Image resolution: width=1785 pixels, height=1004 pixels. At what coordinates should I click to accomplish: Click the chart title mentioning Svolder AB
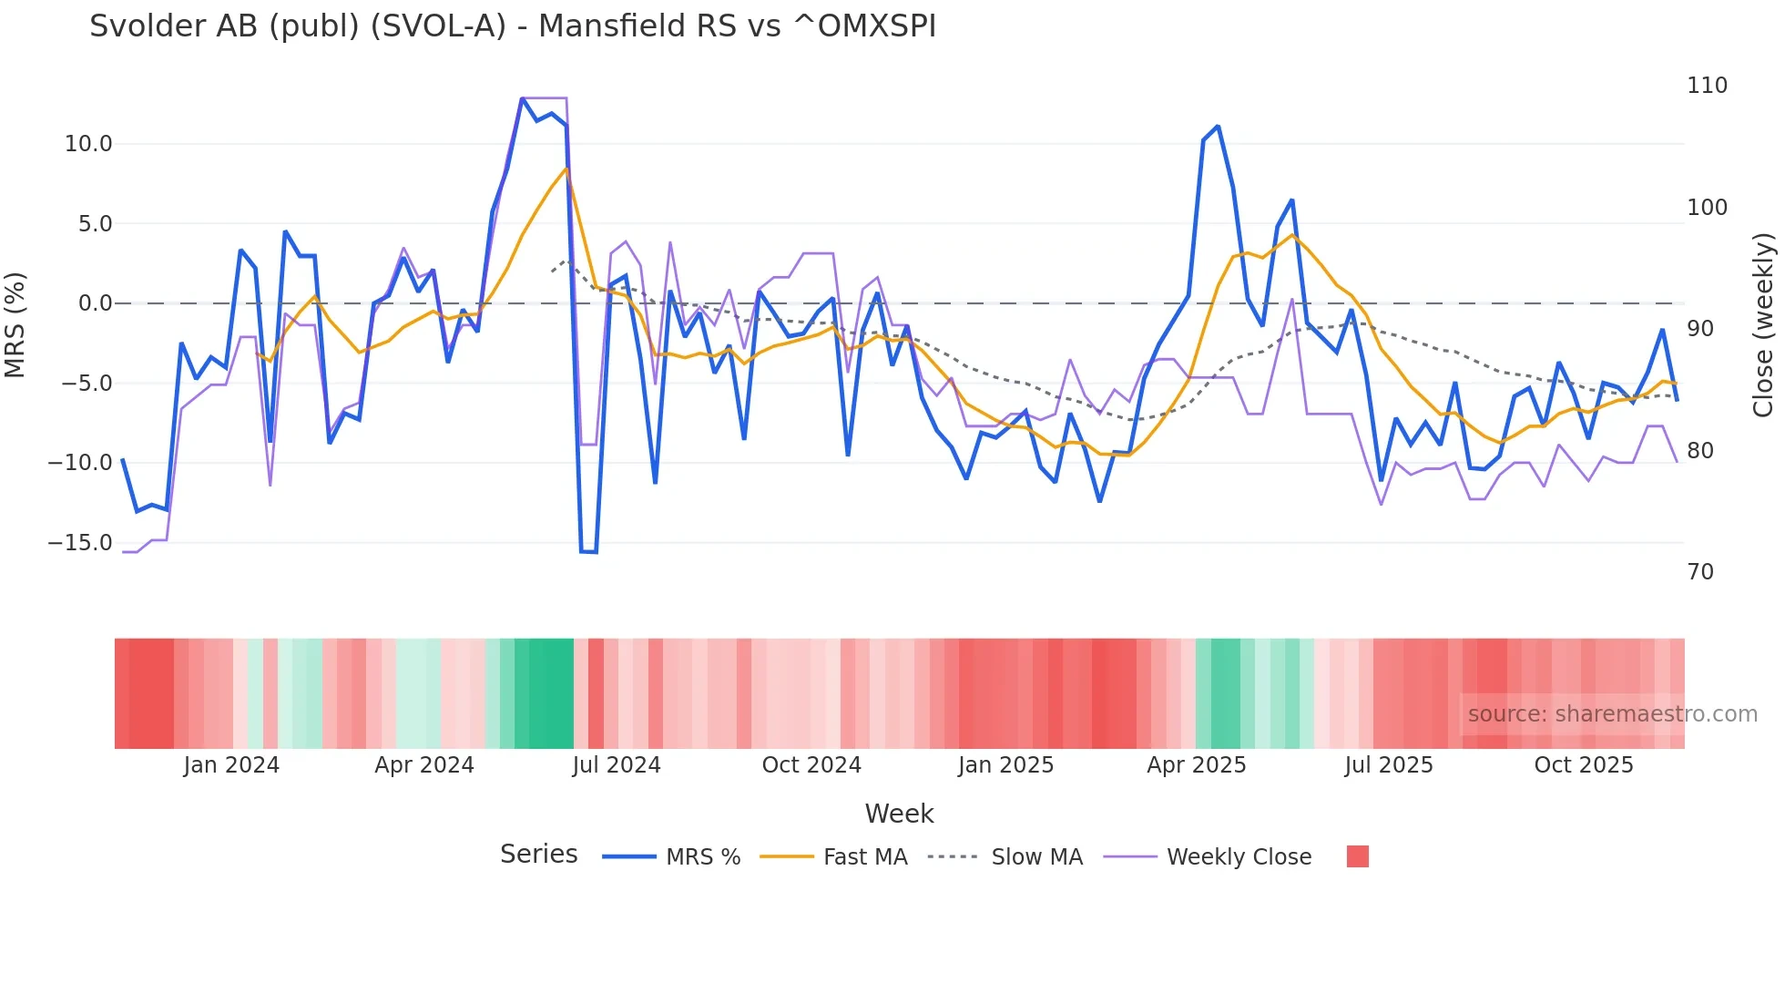[x=512, y=26]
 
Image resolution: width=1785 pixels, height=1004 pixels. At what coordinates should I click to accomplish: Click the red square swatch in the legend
[x=1357, y=856]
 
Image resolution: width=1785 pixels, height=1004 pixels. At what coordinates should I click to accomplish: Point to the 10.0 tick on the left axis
[x=88, y=144]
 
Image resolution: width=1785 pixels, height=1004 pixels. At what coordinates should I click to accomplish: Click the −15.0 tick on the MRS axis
[x=80, y=543]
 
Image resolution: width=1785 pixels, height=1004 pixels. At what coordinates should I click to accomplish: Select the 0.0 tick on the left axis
[x=95, y=303]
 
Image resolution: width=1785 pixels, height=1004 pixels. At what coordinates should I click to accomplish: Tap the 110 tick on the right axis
[x=1707, y=86]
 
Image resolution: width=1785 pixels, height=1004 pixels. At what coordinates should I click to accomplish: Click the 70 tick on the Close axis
[x=1700, y=572]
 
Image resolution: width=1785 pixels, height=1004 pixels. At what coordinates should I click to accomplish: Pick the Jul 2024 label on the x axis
[x=617, y=765]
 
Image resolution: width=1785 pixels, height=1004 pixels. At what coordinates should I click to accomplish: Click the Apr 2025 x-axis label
[x=1196, y=765]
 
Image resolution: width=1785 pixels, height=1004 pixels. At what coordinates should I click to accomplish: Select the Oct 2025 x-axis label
[x=1584, y=765]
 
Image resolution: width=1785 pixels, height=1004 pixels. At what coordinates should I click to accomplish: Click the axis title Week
[x=899, y=814]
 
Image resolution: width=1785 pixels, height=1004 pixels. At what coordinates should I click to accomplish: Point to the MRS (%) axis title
[x=15, y=324]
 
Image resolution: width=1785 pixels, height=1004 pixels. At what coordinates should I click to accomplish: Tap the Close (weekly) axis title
[x=1763, y=325]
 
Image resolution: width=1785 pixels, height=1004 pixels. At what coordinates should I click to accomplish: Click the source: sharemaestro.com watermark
[x=1612, y=714]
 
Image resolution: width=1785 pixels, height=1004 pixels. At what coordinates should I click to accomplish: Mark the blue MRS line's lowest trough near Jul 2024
[x=588, y=552]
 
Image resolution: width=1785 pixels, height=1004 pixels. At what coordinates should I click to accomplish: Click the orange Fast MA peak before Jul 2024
[x=566, y=169]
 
